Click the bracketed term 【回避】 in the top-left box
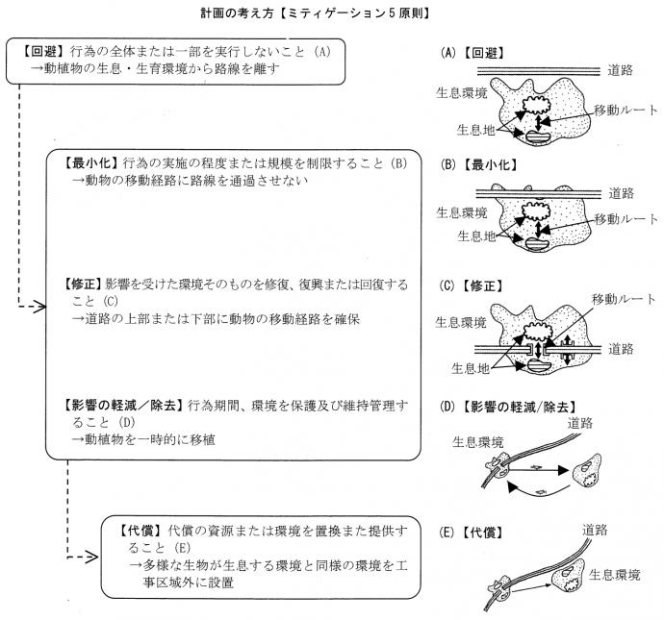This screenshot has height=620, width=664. pos(41,51)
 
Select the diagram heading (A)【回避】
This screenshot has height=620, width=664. pos(477,52)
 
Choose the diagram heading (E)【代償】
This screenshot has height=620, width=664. pos(477,531)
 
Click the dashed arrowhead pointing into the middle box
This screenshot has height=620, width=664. pos(36,309)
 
